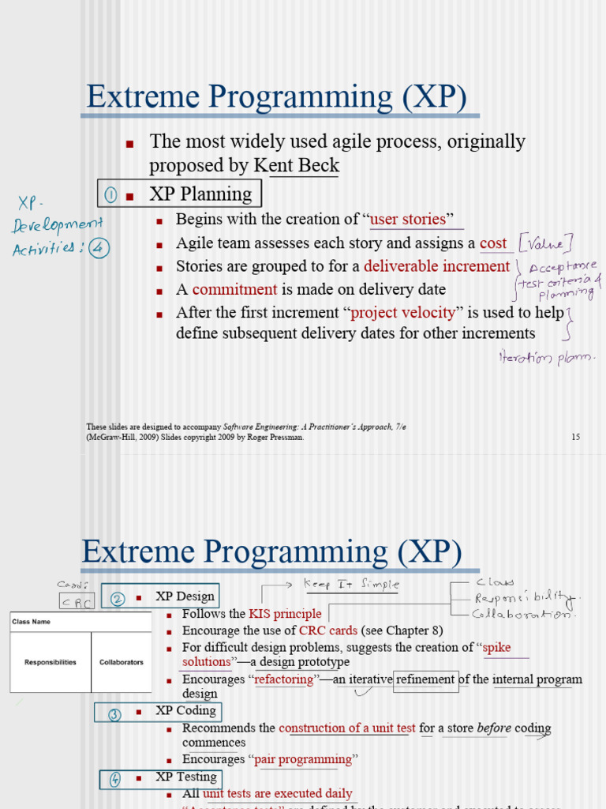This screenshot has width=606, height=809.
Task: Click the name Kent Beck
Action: point(296,166)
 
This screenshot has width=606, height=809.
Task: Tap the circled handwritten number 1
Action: point(111,194)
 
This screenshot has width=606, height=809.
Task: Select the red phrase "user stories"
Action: point(411,219)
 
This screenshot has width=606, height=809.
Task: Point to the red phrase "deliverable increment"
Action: point(436,266)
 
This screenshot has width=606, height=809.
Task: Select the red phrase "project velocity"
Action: point(402,312)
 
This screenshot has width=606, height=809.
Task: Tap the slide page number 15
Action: point(575,437)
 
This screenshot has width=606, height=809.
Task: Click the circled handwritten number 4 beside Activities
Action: point(99,248)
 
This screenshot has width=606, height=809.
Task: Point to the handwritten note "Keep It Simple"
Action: point(351,585)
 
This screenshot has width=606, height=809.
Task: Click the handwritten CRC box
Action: point(77,602)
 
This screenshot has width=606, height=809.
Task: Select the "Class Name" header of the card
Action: point(32,622)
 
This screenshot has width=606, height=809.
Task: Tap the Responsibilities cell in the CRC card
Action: point(50,662)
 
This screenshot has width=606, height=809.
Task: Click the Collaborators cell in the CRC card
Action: point(121,662)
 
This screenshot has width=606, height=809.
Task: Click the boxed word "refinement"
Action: point(425,679)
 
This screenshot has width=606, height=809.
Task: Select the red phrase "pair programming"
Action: point(302,760)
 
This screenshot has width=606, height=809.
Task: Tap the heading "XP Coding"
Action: point(185,711)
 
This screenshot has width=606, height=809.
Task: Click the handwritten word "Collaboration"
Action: point(520,614)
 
